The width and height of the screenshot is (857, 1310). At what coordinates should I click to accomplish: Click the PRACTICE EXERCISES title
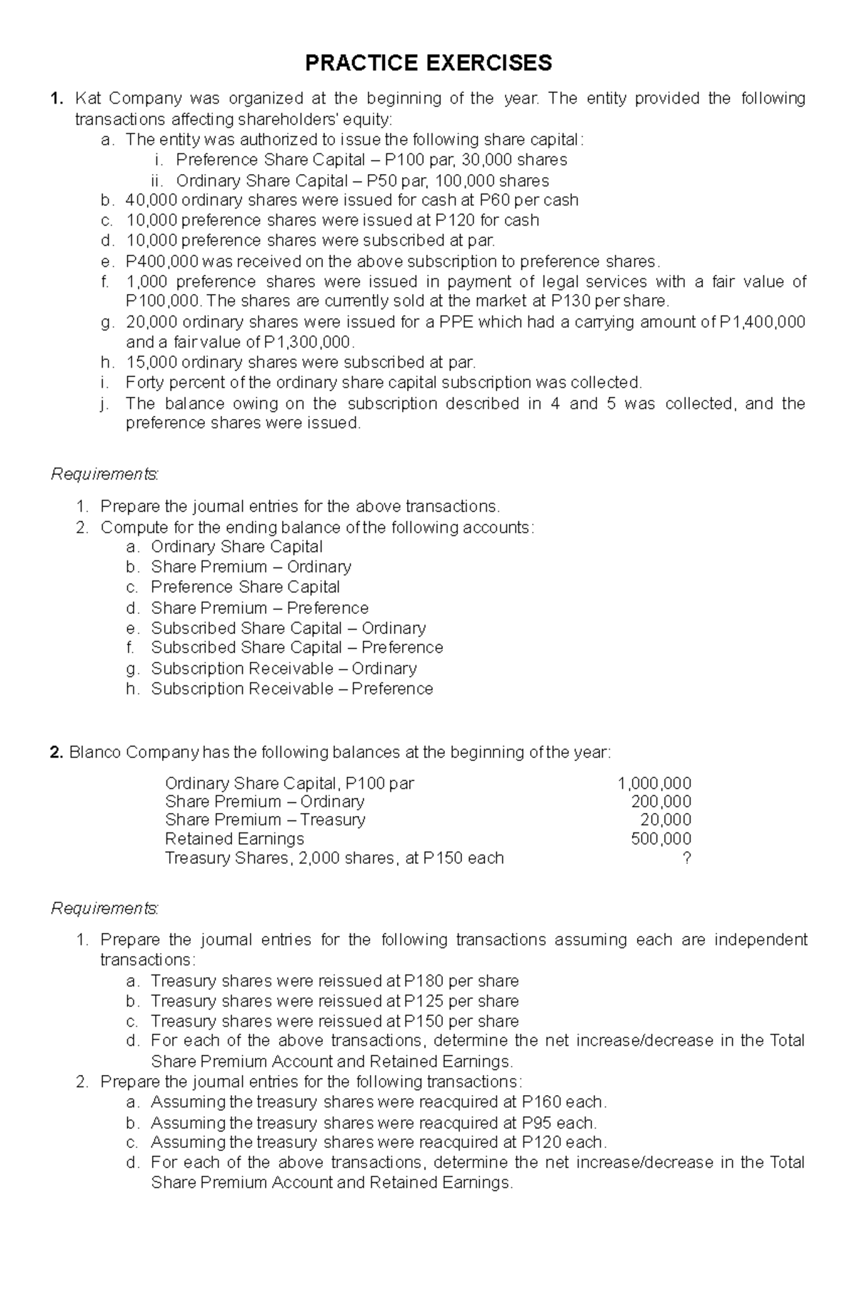point(428,63)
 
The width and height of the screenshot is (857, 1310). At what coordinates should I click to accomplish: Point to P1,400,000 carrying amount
point(762,322)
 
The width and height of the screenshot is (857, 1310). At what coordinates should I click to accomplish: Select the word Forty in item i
point(146,382)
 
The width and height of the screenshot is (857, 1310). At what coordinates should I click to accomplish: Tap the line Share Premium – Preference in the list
point(259,608)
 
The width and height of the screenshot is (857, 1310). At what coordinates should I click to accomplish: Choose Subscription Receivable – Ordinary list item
point(284,668)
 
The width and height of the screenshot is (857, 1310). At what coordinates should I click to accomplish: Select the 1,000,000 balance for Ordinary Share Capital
point(654,783)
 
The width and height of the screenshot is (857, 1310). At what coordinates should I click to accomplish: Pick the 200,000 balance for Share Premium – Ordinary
point(661,802)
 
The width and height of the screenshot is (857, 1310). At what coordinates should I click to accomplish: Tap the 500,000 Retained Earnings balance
point(661,839)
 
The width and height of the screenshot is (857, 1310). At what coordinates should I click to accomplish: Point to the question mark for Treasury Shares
point(686,858)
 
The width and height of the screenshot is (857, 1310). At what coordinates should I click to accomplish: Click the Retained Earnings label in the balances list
point(234,839)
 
